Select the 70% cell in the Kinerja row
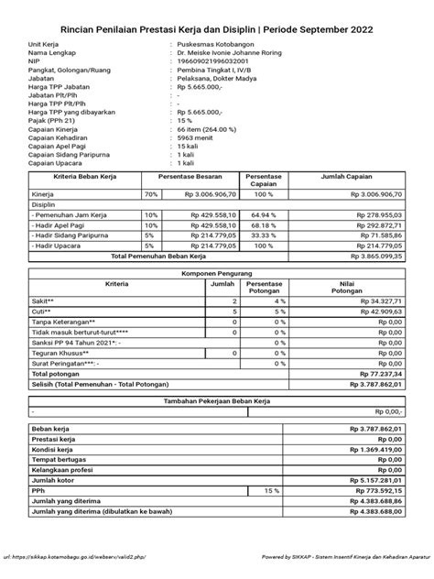152,195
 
